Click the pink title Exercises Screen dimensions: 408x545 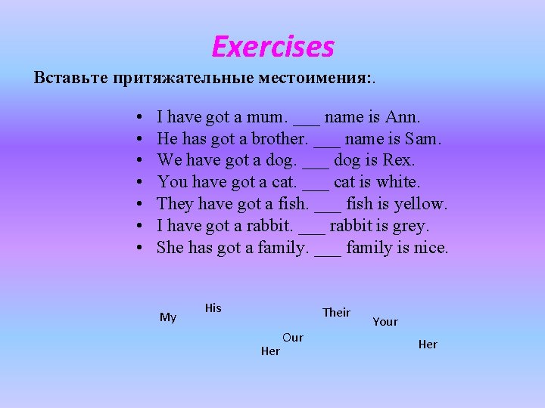click(x=272, y=47)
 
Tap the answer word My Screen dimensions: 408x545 click(x=168, y=317)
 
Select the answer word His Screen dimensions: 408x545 click(x=213, y=308)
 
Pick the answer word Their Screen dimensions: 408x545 click(x=336, y=313)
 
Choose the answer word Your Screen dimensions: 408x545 click(x=385, y=322)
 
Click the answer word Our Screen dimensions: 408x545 click(x=292, y=338)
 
